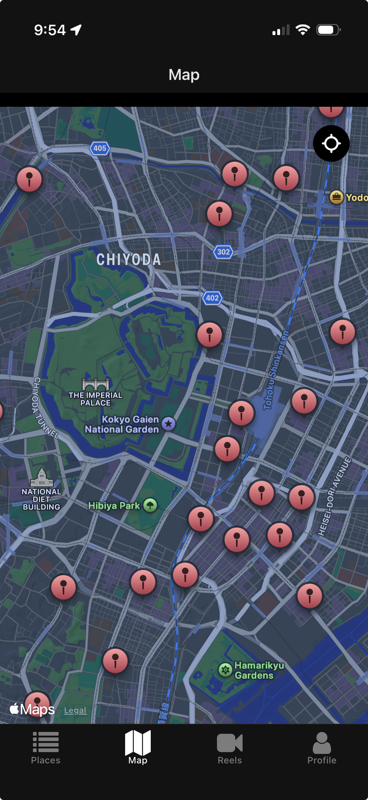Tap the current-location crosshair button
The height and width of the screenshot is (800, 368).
coord(331,143)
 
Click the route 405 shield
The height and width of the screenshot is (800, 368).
coord(100,148)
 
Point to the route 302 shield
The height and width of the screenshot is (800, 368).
coord(223,252)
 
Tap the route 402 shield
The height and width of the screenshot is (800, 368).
coord(212,298)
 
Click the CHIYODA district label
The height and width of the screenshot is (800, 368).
coord(128,260)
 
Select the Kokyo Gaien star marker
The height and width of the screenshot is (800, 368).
coord(169,423)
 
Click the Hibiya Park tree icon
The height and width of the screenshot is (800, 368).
coord(150,505)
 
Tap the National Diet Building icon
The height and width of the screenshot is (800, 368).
coord(41,477)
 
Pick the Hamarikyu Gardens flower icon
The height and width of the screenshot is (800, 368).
coord(225,670)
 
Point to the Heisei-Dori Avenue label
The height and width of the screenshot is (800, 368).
coord(335,496)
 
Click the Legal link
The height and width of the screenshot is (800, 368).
coord(75,710)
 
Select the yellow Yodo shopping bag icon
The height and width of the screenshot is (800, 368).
coord(336,197)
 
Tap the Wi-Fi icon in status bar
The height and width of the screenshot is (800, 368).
coord(303,30)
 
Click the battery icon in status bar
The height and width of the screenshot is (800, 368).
coord(328,30)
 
